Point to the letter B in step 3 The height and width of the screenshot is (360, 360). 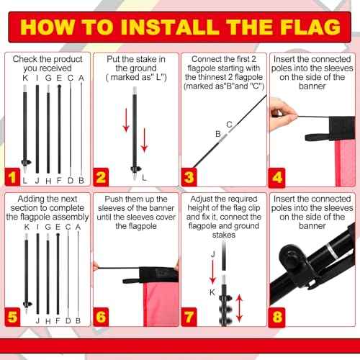pyautogui.click(x=217, y=134)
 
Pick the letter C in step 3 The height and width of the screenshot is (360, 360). pyautogui.click(x=229, y=125)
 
